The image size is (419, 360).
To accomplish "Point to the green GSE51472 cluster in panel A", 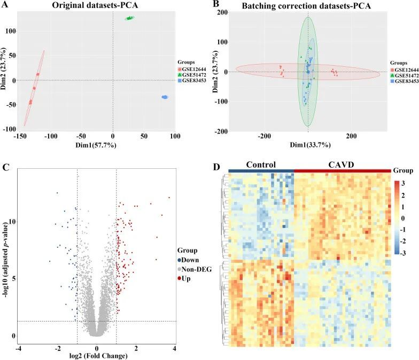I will coord(130,18).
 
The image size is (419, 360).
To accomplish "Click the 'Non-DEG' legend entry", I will coord(196,269).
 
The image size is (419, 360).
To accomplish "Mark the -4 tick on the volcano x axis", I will coord(19,348).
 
